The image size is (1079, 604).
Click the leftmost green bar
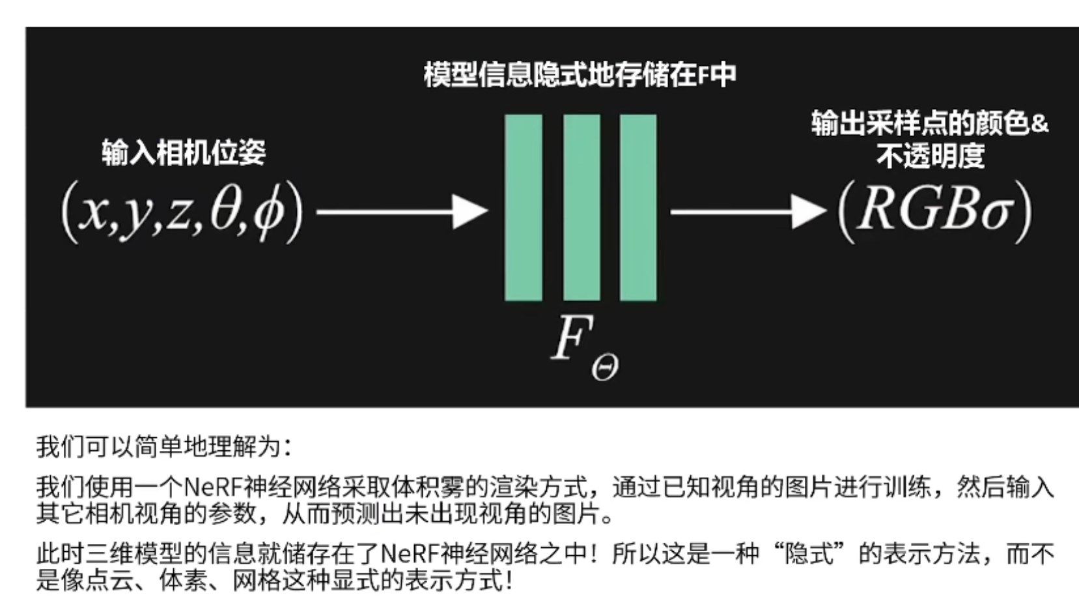pos(523,207)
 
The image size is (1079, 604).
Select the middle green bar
pos(582,207)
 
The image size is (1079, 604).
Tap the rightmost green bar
pos(638,207)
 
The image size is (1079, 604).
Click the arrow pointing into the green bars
pos(402,212)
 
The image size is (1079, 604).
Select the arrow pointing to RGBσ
pos(748,212)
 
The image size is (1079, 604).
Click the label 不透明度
pos(930,156)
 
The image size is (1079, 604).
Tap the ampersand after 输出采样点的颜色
pos(1040,123)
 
